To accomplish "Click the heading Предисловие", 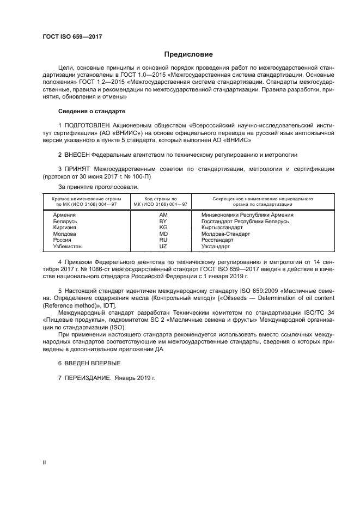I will pos(189,54).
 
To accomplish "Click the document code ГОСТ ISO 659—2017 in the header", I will pos(72,36).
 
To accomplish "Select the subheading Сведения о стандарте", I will pos(91,111).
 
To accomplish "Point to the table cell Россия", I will pos(62,240).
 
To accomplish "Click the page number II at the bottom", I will pos(44,462).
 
